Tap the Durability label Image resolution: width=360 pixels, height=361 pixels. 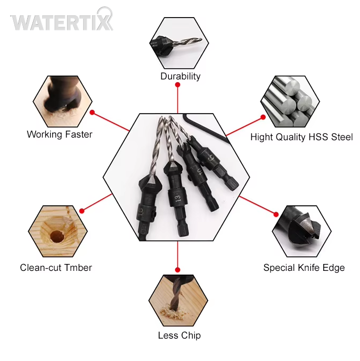point(180,76)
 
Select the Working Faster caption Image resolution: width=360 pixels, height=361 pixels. point(60,134)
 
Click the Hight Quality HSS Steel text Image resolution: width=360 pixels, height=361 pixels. point(301,137)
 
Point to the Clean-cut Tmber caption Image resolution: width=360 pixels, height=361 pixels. point(56,268)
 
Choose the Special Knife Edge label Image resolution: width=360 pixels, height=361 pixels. point(304,268)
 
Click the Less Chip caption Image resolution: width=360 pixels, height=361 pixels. point(179,335)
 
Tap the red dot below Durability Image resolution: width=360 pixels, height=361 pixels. point(177,85)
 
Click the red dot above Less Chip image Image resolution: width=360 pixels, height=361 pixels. point(177,270)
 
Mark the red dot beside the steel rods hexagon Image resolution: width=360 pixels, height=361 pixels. point(263,117)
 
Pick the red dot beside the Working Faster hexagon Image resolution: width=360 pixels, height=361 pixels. point(92,113)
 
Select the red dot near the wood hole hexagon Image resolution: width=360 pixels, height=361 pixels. point(81,211)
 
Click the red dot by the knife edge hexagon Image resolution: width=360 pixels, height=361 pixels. point(276,214)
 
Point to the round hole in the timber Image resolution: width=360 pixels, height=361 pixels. point(56,236)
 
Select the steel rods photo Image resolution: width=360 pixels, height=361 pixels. point(290,101)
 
